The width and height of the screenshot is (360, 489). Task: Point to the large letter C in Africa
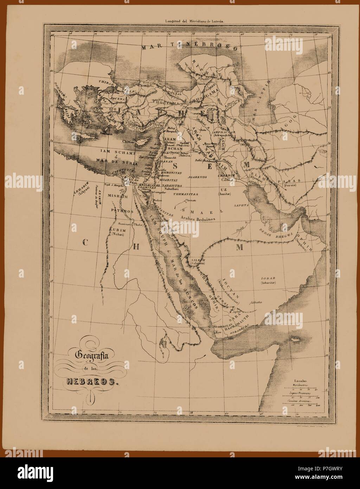click(85, 242)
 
